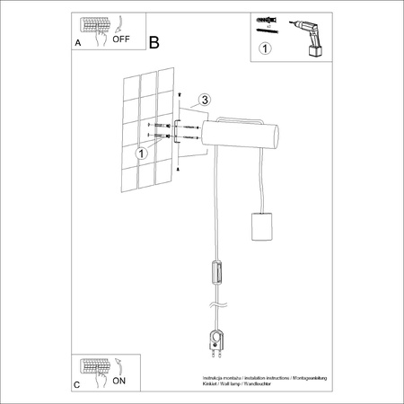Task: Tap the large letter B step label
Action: pos(154,43)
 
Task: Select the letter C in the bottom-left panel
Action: pos(76,385)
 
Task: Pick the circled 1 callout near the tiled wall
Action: pos(141,154)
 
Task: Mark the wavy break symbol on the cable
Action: pos(212,306)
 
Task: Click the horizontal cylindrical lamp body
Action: pos(243,137)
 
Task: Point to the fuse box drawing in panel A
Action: pos(92,26)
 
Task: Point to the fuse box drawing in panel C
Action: pos(92,368)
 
